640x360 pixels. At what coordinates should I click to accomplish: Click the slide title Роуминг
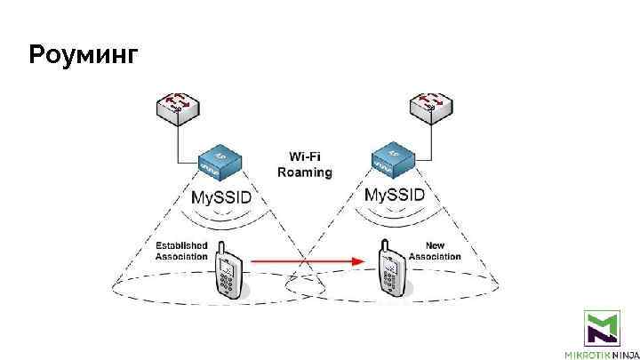[84, 56]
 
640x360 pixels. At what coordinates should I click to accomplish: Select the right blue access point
[394, 160]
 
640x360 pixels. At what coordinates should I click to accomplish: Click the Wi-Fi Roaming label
[305, 164]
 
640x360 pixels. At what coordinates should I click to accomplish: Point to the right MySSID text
[396, 196]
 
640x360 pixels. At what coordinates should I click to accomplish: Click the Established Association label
[181, 251]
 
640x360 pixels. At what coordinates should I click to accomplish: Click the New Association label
[435, 251]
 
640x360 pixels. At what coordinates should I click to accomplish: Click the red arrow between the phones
[307, 261]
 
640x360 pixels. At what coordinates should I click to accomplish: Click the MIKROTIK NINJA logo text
[602, 353]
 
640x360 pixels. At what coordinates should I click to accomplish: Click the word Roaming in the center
[305, 172]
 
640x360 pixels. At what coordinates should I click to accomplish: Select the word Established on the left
[181, 245]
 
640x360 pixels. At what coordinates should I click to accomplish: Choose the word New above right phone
[435, 245]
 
